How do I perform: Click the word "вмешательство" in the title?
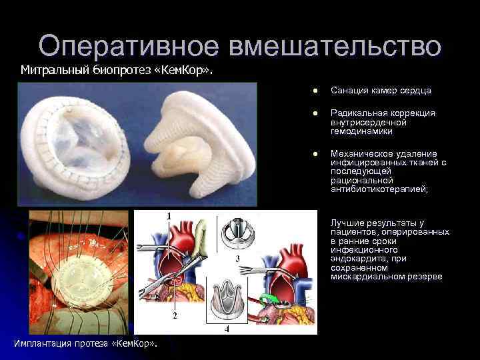click(335, 46)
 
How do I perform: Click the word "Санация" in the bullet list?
click(347, 91)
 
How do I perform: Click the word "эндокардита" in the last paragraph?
click(357, 259)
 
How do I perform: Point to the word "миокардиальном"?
click(366, 277)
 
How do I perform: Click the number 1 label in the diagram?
click(169, 215)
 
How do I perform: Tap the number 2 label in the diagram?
click(175, 315)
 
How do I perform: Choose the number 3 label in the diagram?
click(238, 257)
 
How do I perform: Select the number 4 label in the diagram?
click(226, 328)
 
